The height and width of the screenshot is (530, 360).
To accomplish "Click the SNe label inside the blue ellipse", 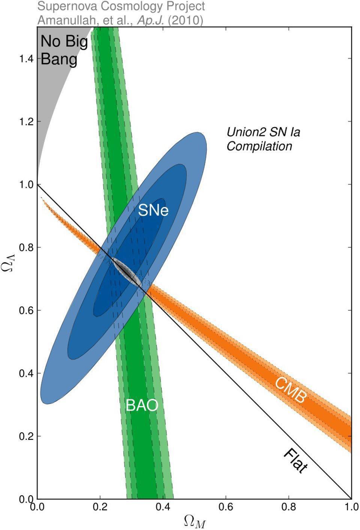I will [153, 211].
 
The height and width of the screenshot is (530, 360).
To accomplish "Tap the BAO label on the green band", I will [142, 405].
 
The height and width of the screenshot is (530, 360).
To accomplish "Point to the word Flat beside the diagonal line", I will [295, 461].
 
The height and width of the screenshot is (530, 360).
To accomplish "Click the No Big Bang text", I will [64, 50].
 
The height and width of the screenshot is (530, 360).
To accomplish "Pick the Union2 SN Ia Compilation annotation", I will [263, 139].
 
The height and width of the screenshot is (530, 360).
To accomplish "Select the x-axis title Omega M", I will [195, 521].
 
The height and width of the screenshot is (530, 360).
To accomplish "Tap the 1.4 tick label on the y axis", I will [27, 59].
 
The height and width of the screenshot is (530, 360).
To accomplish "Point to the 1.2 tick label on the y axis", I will [27, 122].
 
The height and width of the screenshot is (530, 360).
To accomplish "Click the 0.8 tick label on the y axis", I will [27, 248].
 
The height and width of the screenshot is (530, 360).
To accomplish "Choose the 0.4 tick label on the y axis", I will [27, 373].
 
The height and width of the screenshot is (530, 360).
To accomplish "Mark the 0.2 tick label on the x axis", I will [100, 507].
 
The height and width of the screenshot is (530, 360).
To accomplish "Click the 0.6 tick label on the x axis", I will [226, 507].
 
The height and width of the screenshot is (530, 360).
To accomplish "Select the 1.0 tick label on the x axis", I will [351, 507].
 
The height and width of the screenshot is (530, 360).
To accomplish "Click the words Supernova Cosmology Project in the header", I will [121, 6].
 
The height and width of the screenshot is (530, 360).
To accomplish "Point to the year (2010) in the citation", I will [185, 20].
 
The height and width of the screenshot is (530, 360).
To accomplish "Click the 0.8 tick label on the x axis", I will [288, 507].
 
